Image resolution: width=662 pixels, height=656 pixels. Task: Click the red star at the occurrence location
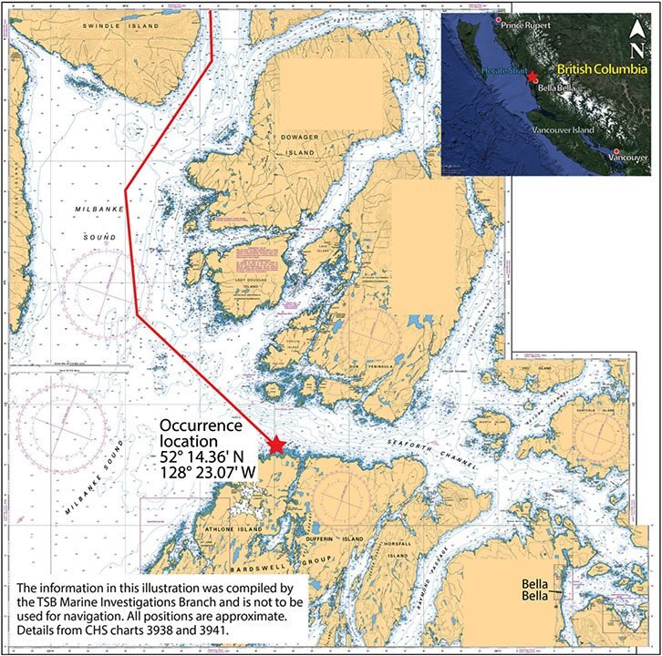pyautogui.click(x=275, y=444)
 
